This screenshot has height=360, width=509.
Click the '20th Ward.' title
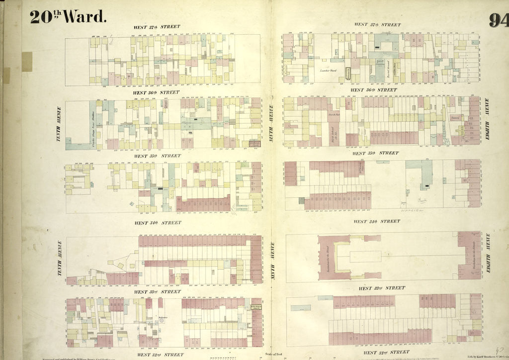[68, 16]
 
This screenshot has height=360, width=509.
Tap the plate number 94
[498, 20]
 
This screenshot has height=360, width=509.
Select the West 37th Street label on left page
[156, 27]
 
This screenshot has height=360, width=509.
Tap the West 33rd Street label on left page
[157, 292]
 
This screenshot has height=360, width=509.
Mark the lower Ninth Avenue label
[272, 257]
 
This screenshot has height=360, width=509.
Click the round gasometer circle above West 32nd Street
[162, 321]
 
